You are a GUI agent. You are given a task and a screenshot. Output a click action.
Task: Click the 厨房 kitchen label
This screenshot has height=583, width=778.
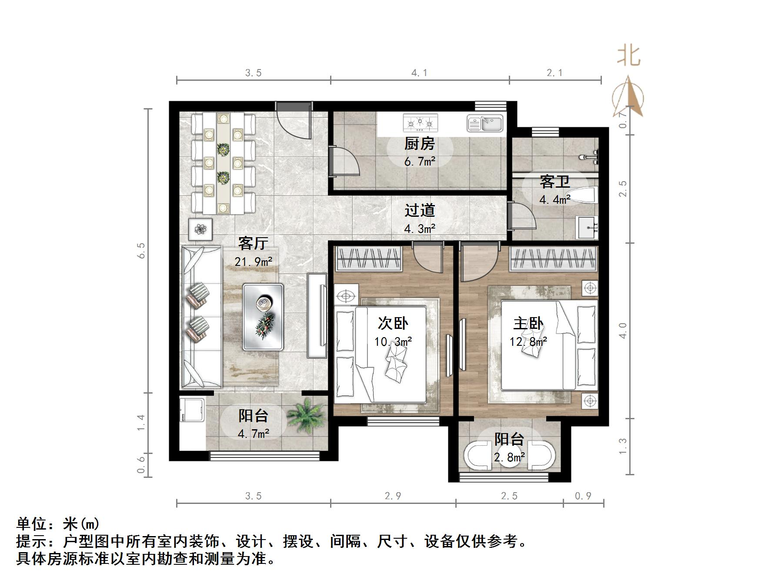coord(419,143)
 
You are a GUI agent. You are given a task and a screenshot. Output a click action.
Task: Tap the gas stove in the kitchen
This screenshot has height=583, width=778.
coord(420,123)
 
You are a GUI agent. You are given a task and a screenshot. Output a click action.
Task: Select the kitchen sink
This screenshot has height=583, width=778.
coord(485,123)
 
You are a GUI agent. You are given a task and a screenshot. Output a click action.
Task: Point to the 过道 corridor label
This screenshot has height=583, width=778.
coord(419,210)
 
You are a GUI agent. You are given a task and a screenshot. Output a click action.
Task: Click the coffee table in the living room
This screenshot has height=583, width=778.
coord(263,317)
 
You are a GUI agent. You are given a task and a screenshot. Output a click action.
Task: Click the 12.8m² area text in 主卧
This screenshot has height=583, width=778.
coord(528,341)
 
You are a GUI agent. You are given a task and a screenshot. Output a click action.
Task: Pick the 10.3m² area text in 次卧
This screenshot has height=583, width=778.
coord(393,341)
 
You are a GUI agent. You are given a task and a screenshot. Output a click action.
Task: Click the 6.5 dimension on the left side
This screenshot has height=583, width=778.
coord(141,251)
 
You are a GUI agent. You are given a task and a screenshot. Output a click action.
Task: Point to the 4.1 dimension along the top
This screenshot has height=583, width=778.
coord(419,73)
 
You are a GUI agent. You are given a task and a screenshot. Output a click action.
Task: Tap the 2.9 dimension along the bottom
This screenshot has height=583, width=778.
coord(393,496)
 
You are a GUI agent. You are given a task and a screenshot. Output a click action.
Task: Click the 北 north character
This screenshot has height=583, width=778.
coord(628,56)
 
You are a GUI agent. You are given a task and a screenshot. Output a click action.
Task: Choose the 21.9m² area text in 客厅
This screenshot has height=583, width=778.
coord(253,262)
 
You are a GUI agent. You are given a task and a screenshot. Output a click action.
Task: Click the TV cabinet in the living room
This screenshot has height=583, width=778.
coord(317,315)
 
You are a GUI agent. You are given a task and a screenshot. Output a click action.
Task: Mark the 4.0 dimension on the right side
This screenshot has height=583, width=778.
coord(623,331)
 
